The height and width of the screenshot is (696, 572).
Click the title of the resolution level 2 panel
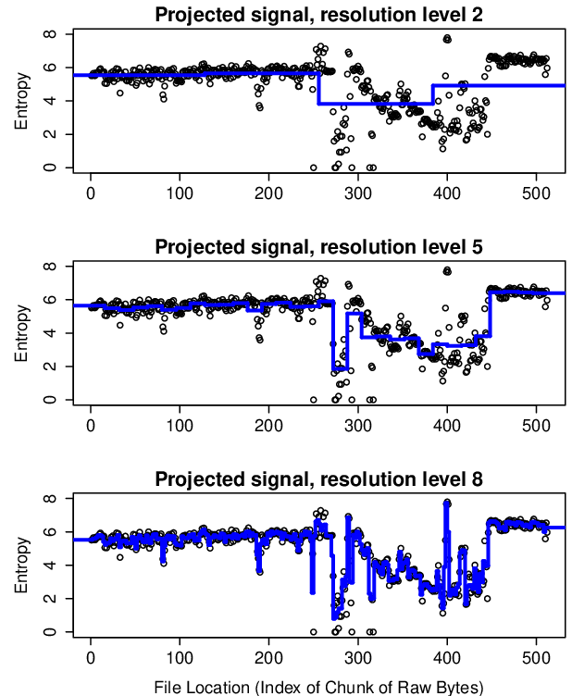click(x=318, y=14)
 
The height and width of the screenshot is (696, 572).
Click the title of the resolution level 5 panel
click(x=318, y=246)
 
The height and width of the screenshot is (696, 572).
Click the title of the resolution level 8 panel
click(x=318, y=478)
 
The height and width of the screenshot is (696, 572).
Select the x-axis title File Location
click(x=318, y=687)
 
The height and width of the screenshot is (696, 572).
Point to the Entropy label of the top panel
click(x=21, y=101)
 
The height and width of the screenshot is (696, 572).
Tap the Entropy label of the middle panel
click(x=21, y=333)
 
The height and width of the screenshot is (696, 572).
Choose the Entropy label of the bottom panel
click(x=21, y=565)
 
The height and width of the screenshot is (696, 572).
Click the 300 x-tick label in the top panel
click(x=357, y=193)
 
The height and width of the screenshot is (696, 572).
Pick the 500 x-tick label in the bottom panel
click(x=536, y=658)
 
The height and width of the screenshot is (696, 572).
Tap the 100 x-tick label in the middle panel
click(x=180, y=426)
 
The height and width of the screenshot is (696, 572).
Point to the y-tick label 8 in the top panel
click(x=50, y=33)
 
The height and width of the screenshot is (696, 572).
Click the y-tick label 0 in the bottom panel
click(x=50, y=631)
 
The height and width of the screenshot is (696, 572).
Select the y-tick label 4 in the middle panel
click(x=50, y=333)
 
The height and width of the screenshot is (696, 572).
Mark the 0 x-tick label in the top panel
click(x=91, y=193)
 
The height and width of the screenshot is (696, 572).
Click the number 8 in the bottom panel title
click(x=477, y=478)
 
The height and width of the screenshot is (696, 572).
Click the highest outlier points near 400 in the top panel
click(x=447, y=39)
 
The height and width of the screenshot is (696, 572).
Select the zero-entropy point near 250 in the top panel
click(x=313, y=168)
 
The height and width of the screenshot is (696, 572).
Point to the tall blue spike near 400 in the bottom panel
click(x=446, y=554)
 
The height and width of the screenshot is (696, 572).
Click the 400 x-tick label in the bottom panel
click(x=447, y=658)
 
